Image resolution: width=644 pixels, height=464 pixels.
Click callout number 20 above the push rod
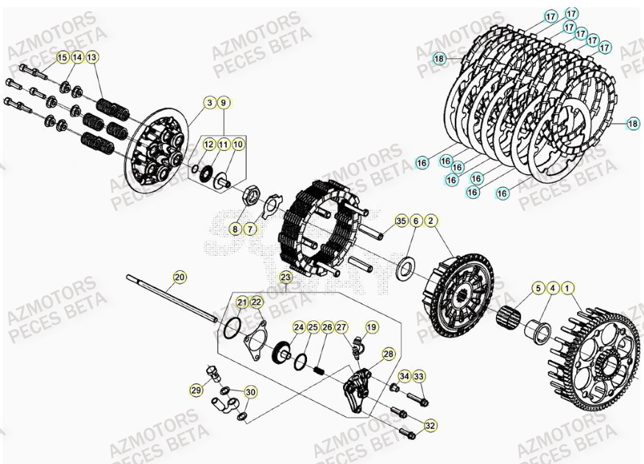click(180, 278)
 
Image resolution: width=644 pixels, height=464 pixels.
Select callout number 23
click(286, 278)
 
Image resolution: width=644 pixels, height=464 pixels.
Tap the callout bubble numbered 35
click(401, 221)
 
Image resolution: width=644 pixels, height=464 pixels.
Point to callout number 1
click(568, 288)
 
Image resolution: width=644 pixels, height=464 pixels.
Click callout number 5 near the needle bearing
click(538, 288)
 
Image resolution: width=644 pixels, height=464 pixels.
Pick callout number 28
click(389, 354)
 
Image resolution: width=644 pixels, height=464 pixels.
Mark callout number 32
click(431, 425)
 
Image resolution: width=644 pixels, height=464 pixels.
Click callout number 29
click(196, 390)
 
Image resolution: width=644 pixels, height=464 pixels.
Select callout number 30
click(250, 393)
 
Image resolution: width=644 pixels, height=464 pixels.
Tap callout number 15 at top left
click(62, 57)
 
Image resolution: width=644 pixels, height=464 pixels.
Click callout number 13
click(92, 57)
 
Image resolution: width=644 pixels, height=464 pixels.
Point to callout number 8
click(235, 229)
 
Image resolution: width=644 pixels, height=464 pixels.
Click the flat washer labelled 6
click(404, 269)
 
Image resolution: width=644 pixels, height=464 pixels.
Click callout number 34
click(404, 377)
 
